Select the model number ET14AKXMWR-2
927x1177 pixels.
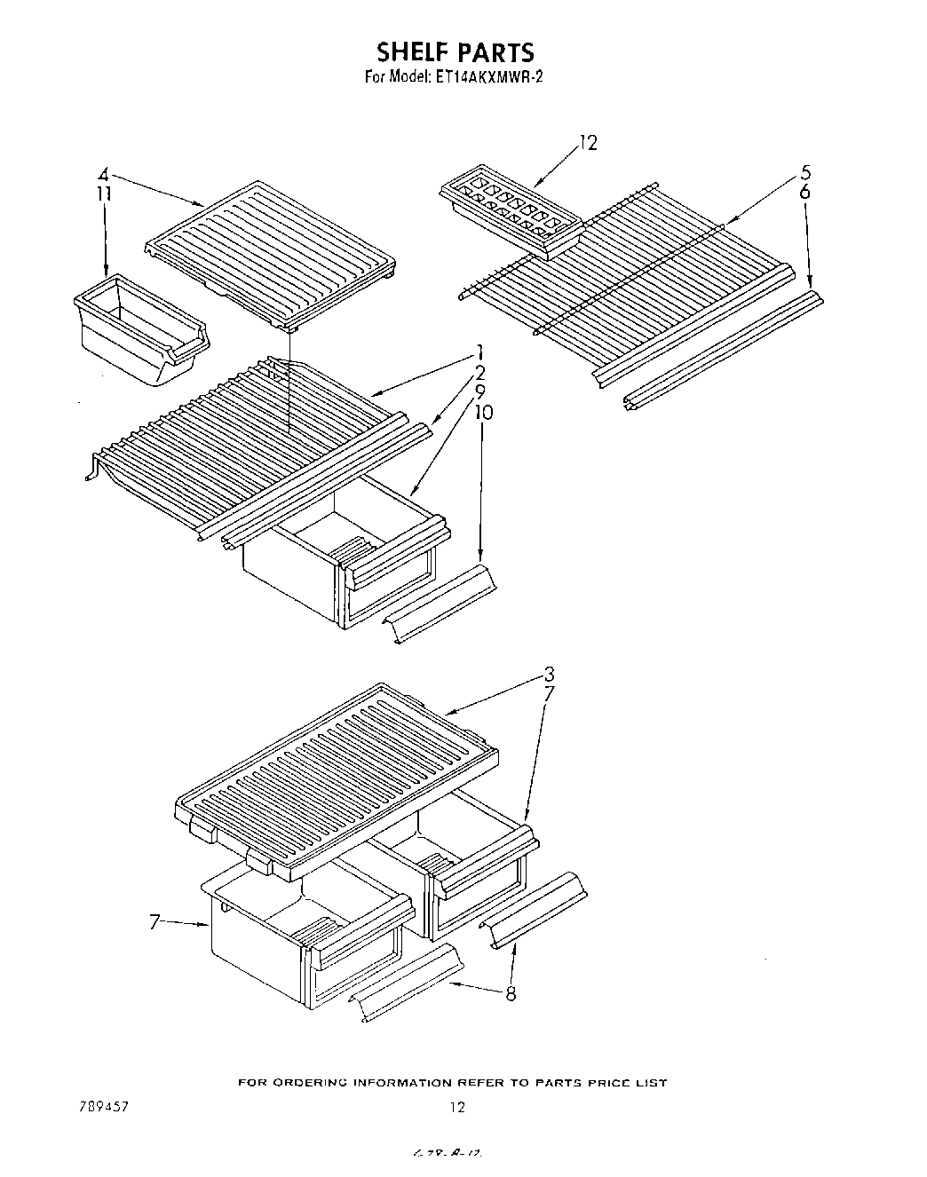[488, 77]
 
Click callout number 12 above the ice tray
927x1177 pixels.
[588, 142]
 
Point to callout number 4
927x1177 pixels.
[103, 174]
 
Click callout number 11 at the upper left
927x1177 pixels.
[104, 193]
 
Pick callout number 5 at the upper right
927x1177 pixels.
[804, 172]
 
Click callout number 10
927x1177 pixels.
[482, 412]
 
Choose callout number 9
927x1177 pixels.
[479, 391]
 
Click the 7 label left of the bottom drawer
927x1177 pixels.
[153, 922]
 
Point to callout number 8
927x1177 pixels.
[511, 994]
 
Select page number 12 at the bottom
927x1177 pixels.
[456, 1106]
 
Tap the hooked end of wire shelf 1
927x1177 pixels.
[91, 469]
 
